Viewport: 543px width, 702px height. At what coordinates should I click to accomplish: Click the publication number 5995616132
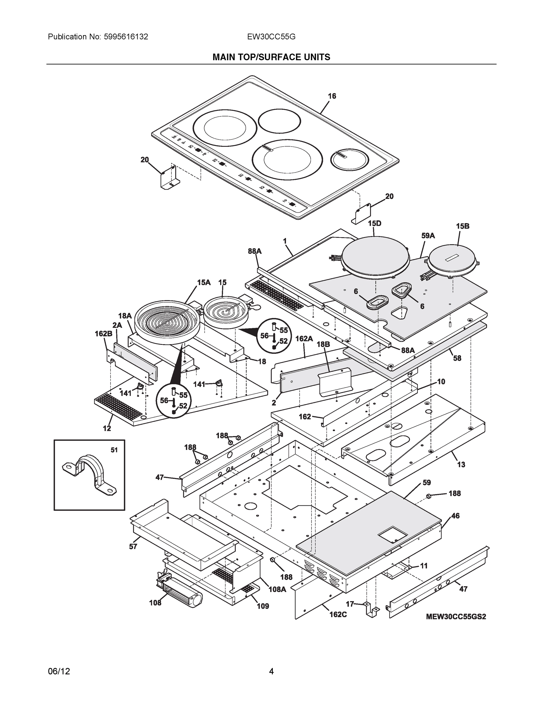pyautogui.click(x=126, y=37)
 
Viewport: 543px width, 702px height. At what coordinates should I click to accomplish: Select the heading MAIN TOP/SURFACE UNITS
pyautogui.click(x=271, y=57)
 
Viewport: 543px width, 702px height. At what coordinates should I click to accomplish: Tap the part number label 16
pyautogui.click(x=332, y=96)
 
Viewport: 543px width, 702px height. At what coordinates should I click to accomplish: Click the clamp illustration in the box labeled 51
pyautogui.click(x=89, y=474)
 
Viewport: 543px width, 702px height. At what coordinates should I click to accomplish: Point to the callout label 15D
pyautogui.click(x=374, y=223)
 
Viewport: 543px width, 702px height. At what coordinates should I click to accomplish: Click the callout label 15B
pyautogui.click(x=462, y=226)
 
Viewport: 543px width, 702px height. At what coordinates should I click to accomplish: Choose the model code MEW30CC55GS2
pyautogui.click(x=456, y=617)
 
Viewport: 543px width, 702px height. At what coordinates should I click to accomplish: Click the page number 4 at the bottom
pyautogui.click(x=271, y=671)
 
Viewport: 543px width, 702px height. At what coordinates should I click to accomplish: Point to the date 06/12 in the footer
pyautogui.click(x=59, y=671)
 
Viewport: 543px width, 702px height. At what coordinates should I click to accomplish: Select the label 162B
pyautogui.click(x=103, y=334)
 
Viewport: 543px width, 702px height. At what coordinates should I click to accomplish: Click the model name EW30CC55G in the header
pyautogui.click(x=271, y=37)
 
